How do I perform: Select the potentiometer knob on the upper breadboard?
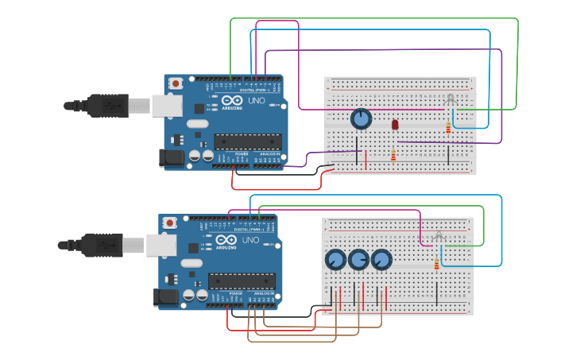[x=361, y=119]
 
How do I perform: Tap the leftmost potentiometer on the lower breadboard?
[x=335, y=260]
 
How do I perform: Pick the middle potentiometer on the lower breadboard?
[x=358, y=260]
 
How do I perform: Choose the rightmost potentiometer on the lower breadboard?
[x=381, y=260]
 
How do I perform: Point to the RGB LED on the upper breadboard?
[x=450, y=99]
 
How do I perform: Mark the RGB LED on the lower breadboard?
[x=439, y=235]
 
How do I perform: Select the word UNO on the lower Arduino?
[x=250, y=240]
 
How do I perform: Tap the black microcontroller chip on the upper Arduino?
[x=247, y=141]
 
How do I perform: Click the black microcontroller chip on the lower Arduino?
[x=242, y=281]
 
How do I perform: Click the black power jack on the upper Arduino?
[x=171, y=157]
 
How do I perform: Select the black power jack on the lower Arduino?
[x=164, y=297]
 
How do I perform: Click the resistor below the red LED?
[x=392, y=155]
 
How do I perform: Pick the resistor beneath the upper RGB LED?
[x=448, y=128]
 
